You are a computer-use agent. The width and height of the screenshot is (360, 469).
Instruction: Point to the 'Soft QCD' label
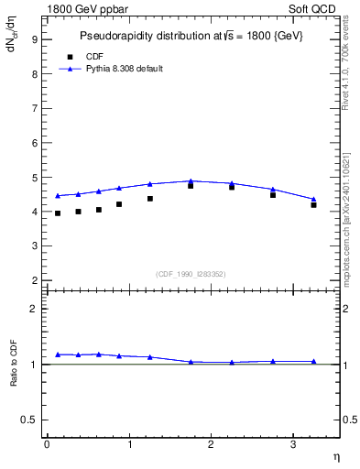314,8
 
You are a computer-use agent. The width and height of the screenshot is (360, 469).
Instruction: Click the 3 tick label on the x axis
293,444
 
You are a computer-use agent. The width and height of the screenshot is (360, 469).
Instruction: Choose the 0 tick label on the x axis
47,444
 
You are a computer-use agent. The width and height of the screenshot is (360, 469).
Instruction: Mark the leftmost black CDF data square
58,213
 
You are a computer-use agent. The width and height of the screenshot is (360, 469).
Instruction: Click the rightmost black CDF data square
313,205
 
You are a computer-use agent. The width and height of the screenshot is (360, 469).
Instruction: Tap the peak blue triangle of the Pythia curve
191,181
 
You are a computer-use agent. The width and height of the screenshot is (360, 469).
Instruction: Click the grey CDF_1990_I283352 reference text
190,273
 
